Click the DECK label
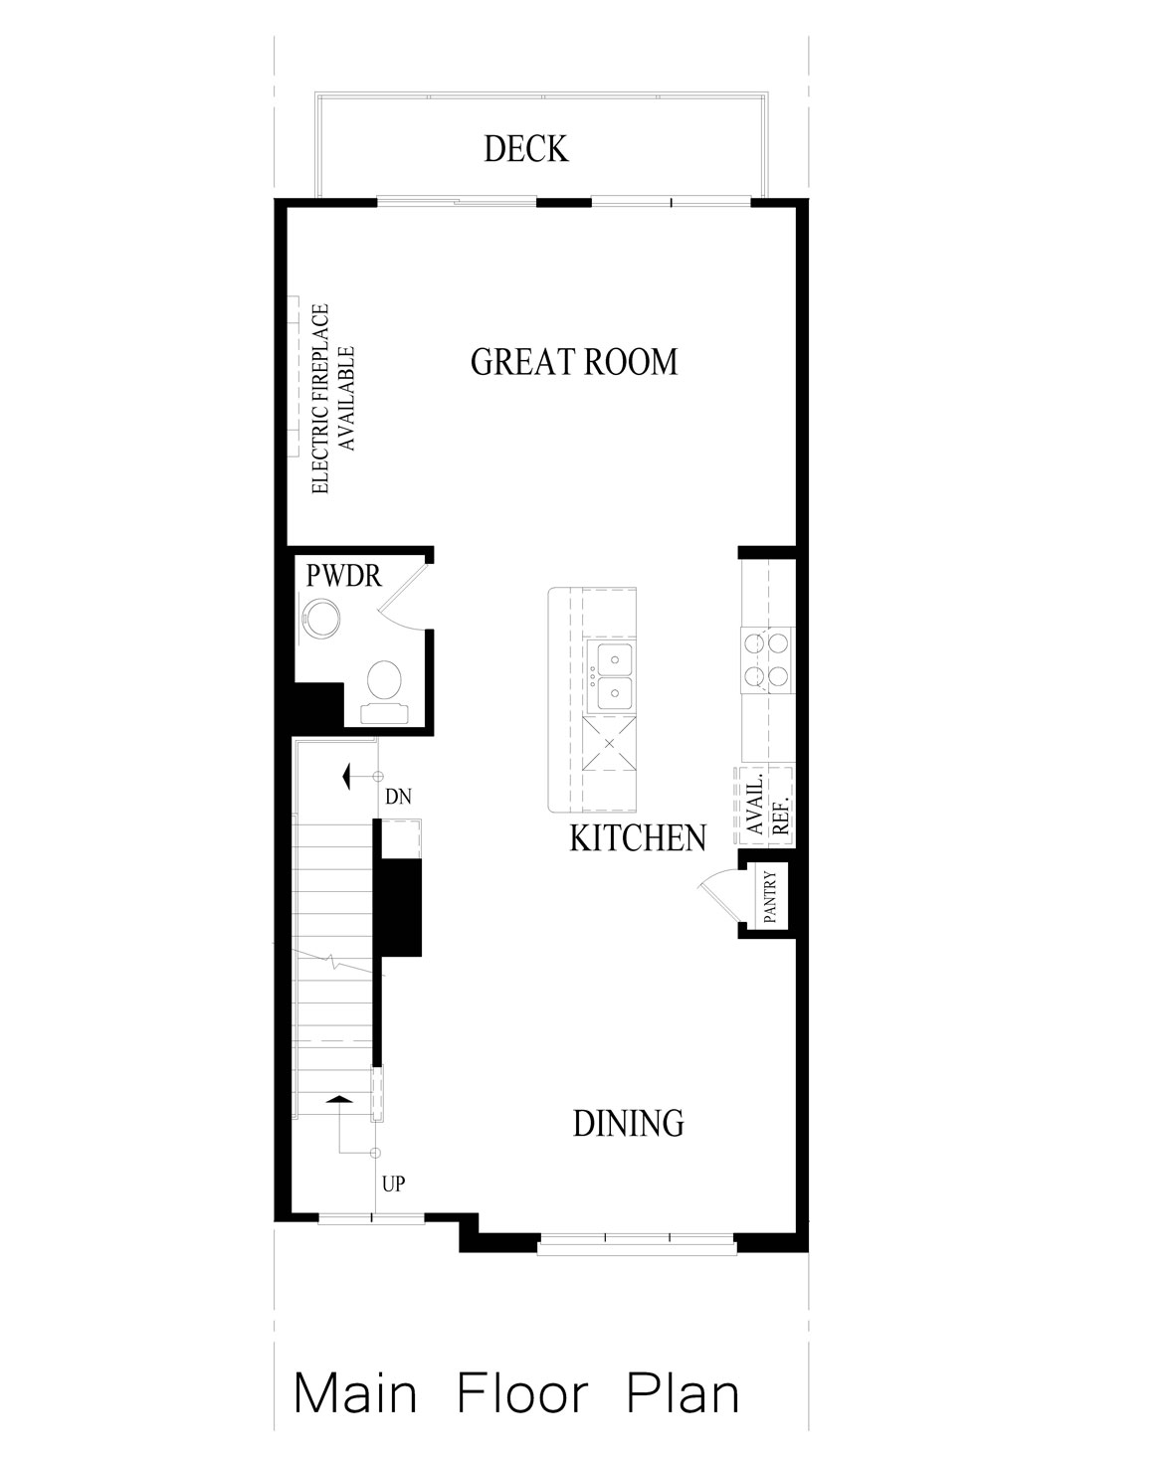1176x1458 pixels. pyautogui.click(x=526, y=149)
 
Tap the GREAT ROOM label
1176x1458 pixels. pyautogui.click(x=574, y=362)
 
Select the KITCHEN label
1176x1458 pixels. pyautogui.click(x=638, y=838)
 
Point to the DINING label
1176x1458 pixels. pyautogui.click(x=629, y=1123)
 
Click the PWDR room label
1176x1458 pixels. pyautogui.click(x=343, y=576)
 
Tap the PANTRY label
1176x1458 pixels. pyautogui.click(x=770, y=897)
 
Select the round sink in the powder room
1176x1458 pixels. pyautogui.click(x=320, y=618)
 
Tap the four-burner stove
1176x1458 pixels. pyautogui.click(x=767, y=659)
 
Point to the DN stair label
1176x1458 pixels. pyautogui.click(x=399, y=797)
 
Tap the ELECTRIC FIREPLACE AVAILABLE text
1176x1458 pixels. pyautogui.click(x=333, y=399)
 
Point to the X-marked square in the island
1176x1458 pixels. pyautogui.click(x=609, y=743)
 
